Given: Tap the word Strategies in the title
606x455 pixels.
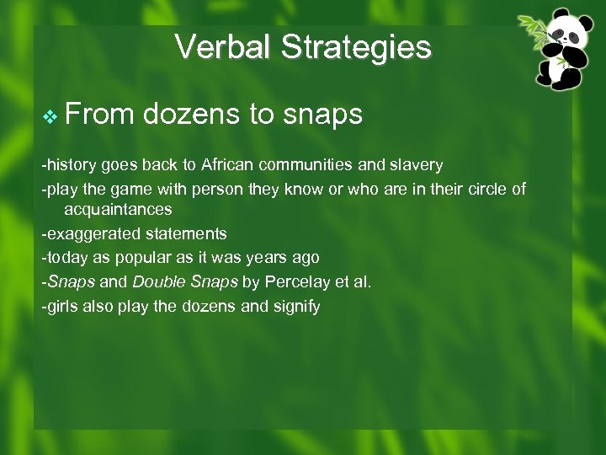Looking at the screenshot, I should pyautogui.click(x=356, y=48).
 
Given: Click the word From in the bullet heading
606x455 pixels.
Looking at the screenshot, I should pyautogui.click(x=99, y=114).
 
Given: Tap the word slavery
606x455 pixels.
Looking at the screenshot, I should pyautogui.click(x=415, y=165).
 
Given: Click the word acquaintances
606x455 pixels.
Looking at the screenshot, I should pyautogui.click(x=118, y=209).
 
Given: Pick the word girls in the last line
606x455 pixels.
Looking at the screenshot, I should pyautogui.click(x=61, y=306).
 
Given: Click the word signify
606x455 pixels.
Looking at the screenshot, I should pyautogui.click(x=295, y=306).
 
